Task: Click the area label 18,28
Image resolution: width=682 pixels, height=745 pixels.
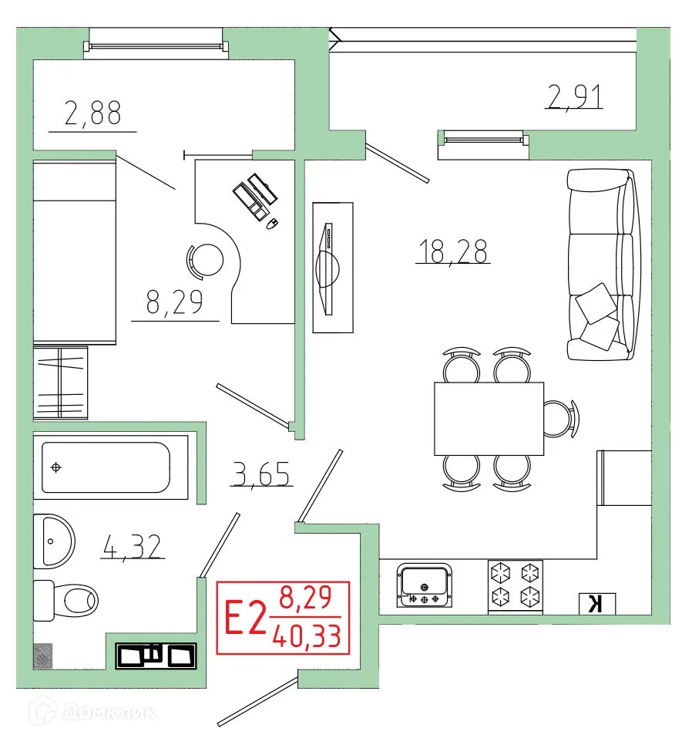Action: [x=452, y=251]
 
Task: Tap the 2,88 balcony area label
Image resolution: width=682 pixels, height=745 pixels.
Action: [x=92, y=115]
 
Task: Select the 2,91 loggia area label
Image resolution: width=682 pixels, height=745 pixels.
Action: [x=574, y=97]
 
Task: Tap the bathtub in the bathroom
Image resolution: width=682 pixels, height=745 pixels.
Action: [x=105, y=467]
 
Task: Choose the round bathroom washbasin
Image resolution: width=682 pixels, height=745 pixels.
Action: [x=54, y=540]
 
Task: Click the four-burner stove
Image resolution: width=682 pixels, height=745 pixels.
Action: [x=515, y=585]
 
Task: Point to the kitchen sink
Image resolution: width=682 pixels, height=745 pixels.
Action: [x=424, y=585]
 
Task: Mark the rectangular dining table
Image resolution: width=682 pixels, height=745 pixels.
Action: [x=489, y=419]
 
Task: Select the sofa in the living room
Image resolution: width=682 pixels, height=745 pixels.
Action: [x=600, y=264]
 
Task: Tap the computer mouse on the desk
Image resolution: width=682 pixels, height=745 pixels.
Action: [x=270, y=224]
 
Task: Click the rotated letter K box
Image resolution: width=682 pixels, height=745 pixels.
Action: [x=595, y=603]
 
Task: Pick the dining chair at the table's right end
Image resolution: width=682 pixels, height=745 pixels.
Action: [x=560, y=418]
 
